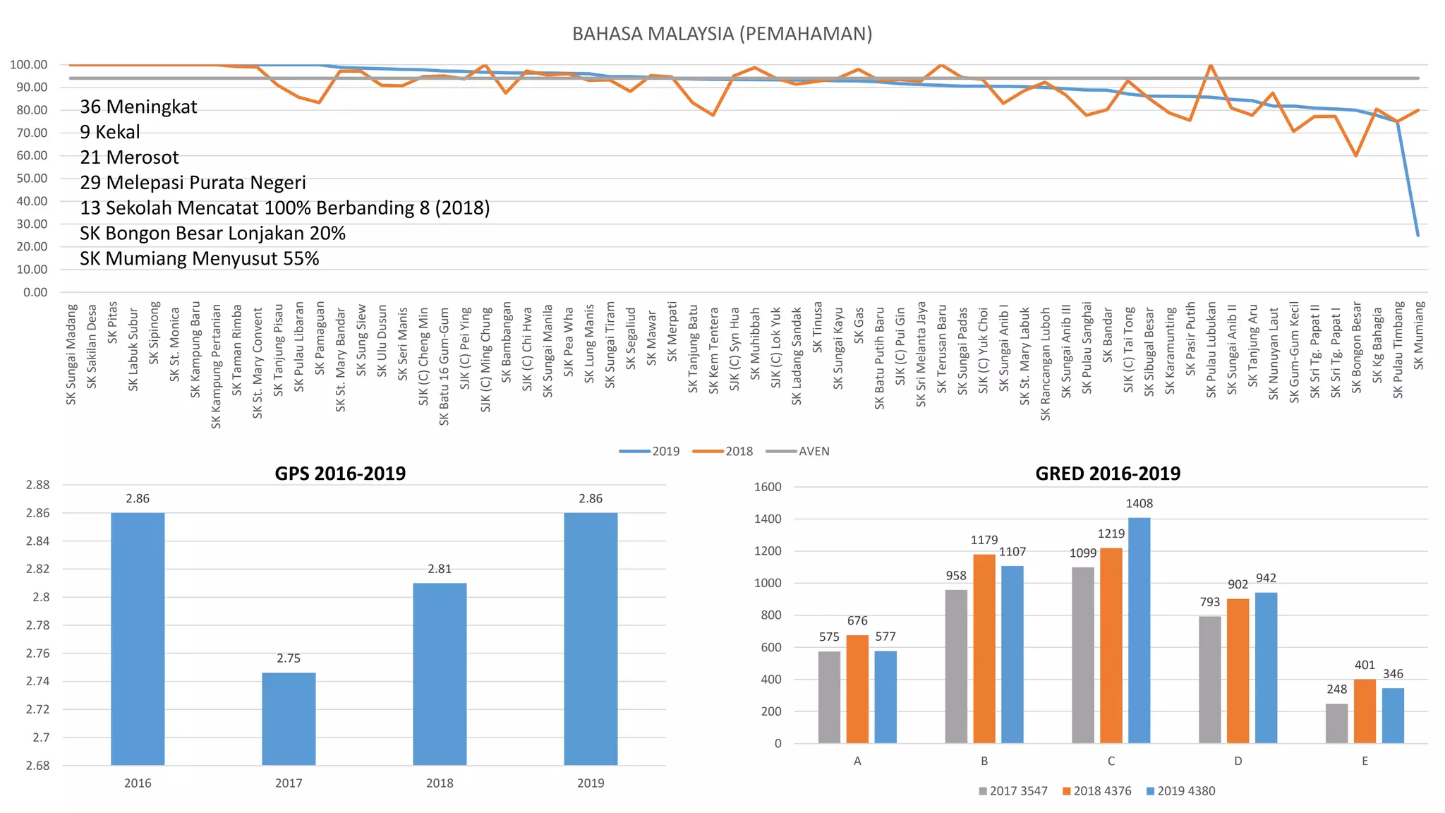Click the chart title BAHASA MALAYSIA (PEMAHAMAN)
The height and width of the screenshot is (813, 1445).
point(722,34)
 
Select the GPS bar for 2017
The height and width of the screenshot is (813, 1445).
point(289,718)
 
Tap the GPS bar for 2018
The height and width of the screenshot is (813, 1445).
point(440,674)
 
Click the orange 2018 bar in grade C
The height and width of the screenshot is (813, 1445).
point(1111,646)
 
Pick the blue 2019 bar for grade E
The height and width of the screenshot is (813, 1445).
point(1392,716)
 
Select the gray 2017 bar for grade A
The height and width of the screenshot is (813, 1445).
point(829,697)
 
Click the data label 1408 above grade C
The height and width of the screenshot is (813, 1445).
point(1139,504)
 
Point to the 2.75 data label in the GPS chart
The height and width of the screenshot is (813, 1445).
point(289,658)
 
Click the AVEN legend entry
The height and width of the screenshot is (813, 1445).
point(814,452)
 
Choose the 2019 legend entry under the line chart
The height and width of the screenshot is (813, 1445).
point(665,452)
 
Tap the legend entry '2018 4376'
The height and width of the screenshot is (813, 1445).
point(1101,791)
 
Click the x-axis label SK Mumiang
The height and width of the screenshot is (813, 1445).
point(1418,336)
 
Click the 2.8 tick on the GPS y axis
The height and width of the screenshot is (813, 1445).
point(41,597)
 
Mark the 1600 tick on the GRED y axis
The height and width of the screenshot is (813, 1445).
point(768,487)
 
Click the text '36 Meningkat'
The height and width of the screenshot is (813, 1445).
point(138,107)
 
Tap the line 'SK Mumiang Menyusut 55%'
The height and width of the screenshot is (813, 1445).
point(199,259)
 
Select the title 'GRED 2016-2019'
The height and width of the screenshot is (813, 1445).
point(1107,474)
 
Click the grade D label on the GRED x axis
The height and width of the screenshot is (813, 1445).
point(1238,761)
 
